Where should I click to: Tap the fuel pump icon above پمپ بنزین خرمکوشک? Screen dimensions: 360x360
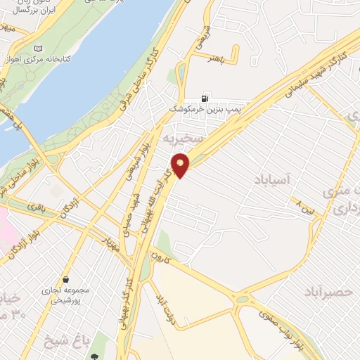205,99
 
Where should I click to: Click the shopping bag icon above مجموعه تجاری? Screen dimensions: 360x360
65,278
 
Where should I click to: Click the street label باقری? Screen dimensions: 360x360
39,209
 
